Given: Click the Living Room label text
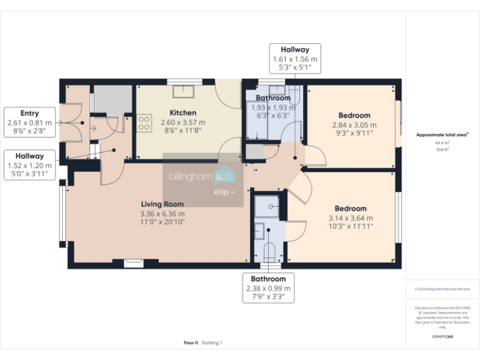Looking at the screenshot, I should click(162, 204).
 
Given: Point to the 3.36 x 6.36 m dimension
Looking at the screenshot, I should click(162, 214).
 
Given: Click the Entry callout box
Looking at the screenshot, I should click(29, 122).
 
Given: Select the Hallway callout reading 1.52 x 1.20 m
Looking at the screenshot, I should click(29, 165).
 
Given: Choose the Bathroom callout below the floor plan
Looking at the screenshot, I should click(268, 288).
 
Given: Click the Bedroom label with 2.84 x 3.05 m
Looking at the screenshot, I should click(354, 116).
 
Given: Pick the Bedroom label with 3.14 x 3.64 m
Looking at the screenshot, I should click(350, 209).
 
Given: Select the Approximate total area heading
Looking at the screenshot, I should click(442, 134).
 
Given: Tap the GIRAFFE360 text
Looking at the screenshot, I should click(442, 336).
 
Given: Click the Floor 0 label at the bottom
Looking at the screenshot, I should click(191, 342).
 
